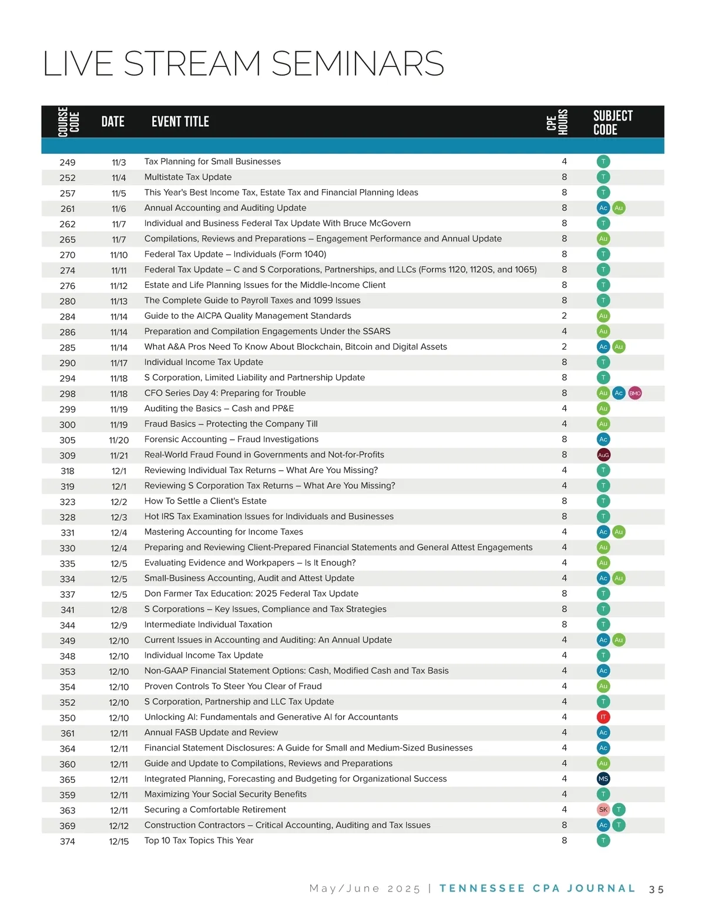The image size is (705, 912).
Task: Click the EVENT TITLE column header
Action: pyautogui.click(x=180, y=122)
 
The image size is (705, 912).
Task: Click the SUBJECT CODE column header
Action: pyautogui.click(x=613, y=122)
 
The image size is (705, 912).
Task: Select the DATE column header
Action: pyautogui.click(x=113, y=122)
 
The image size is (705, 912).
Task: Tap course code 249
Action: pyautogui.click(x=68, y=162)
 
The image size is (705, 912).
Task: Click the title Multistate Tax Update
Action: pyautogui.click(x=188, y=177)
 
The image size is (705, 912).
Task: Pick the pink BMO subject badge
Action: pyautogui.click(x=634, y=393)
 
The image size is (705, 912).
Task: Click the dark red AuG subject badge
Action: pyautogui.click(x=603, y=455)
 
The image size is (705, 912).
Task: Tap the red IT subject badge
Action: pyautogui.click(x=603, y=717)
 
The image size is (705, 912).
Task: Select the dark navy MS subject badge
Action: pyautogui.click(x=603, y=779)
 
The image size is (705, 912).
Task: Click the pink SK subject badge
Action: pyautogui.click(x=603, y=810)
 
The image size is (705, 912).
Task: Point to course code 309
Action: pyautogui.click(x=68, y=455)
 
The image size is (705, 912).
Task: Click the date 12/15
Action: pyautogui.click(x=119, y=842)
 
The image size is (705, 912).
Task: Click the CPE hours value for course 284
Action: pyautogui.click(x=564, y=315)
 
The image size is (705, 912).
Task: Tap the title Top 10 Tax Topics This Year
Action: pyautogui.click(x=199, y=840)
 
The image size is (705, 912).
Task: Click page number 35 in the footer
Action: pyautogui.click(x=656, y=890)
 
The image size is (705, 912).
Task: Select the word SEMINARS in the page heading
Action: pyautogui.click(x=357, y=63)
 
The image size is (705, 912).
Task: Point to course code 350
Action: pyautogui.click(x=68, y=718)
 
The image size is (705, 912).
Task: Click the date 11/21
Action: pyautogui.click(x=119, y=455)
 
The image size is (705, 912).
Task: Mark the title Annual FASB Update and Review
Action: pyautogui.click(x=211, y=732)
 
